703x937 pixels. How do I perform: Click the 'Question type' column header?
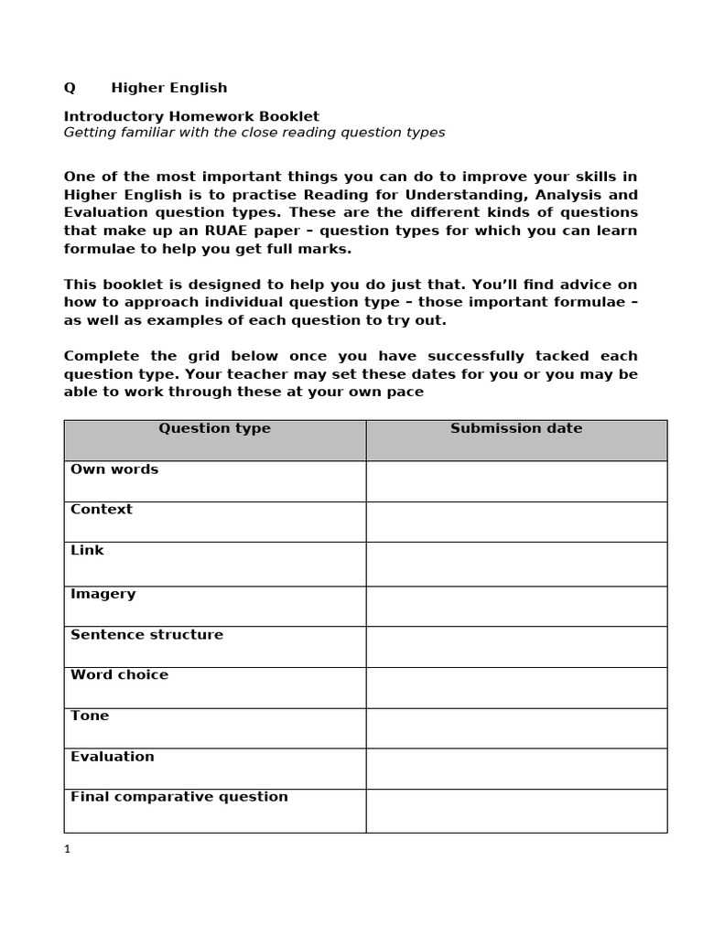pyautogui.click(x=214, y=428)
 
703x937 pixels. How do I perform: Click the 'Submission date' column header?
pyautogui.click(x=516, y=428)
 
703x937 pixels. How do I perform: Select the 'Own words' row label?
pyautogui.click(x=114, y=469)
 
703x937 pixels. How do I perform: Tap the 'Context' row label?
pyautogui.click(x=102, y=510)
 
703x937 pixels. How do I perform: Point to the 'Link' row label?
pyautogui.click(x=87, y=550)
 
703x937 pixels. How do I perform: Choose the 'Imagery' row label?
pyautogui.click(x=103, y=594)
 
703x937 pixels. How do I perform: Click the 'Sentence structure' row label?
pyautogui.click(x=146, y=635)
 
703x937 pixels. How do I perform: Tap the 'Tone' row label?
pyautogui.click(x=90, y=716)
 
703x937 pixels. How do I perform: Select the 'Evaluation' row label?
pyautogui.click(x=112, y=757)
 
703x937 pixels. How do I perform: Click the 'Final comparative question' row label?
pyautogui.click(x=178, y=797)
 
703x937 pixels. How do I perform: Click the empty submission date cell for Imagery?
pyautogui.click(x=516, y=606)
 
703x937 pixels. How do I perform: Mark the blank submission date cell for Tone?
pyautogui.click(x=516, y=727)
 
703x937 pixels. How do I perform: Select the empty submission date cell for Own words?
pyautogui.click(x=516, y=480)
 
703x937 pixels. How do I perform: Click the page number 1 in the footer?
pyautogui.click(x=67, y=849)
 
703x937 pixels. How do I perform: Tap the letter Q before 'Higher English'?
pyautogui.click(x=70, y=88)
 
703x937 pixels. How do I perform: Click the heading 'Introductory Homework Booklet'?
pyautogui.click(x=191, y=116)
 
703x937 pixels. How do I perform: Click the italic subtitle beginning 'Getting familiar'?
pyautogui.click(x=254, y=133)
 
